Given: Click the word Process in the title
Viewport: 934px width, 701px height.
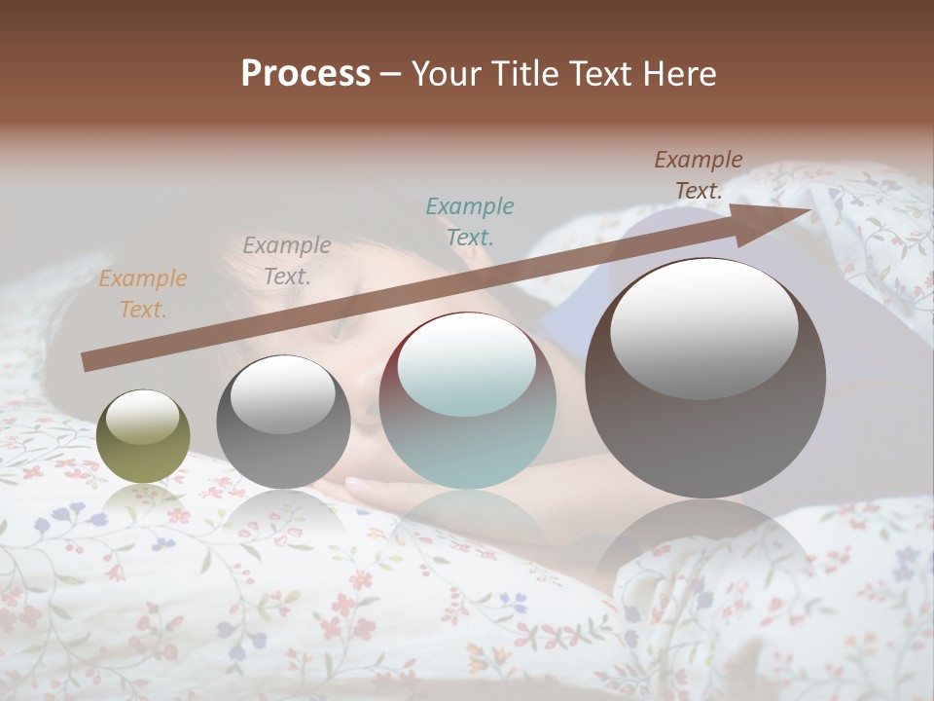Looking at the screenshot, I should click(305, 74).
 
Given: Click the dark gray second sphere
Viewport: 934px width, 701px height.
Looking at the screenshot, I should click(283, 424).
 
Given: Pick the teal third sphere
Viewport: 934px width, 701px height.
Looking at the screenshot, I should click(467, 401).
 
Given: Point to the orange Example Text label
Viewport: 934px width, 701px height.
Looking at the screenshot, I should click(143, 294).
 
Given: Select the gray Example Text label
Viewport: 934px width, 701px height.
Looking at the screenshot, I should click(286, 261).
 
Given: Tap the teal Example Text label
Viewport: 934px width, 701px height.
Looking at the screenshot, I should click(469, 221).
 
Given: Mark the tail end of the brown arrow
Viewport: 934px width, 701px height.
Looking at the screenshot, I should click(88, 362).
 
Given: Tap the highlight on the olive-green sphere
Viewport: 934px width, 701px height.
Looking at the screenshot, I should click(142, 418).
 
